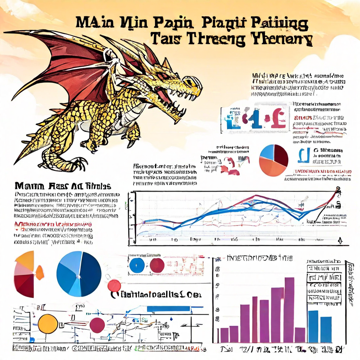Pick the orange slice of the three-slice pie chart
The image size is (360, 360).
[271, 167]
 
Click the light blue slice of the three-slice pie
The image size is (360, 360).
[266, 152]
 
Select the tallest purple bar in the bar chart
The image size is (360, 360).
[289, 309]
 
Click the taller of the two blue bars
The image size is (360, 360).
[313, 326]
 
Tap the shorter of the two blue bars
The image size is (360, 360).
[326, 329]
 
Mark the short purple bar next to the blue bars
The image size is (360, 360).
[300, 335]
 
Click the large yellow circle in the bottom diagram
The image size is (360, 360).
[48, 324]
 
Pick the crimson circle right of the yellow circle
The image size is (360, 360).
[97, 325]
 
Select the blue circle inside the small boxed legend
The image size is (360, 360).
[137, 265]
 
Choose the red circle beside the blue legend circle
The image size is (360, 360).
[157, 265]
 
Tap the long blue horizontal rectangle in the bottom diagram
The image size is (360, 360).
[168, 309]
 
